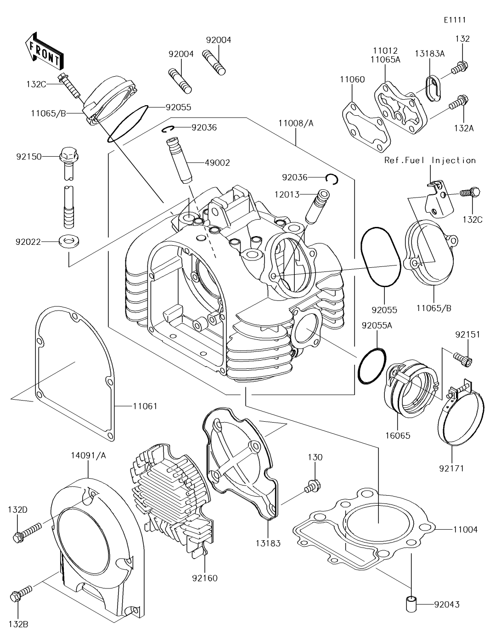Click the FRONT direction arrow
pyautogui.click(x=44, y=51)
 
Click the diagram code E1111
pyautogui.click(x=455, y=20)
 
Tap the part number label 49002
pyautogui.click(x=217, y=163)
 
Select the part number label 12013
pyautogui.click(x=287, y=194)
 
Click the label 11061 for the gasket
pyautogui.click(x=145, y=406)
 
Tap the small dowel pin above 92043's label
pyautogui.click(x=411, y=604)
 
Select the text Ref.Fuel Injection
pyautogui.click(x=430, y=160)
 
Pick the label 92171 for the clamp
pyautogui.click(x=452, y=469)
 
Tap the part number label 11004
pyautogui.click(x=465, y=530)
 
